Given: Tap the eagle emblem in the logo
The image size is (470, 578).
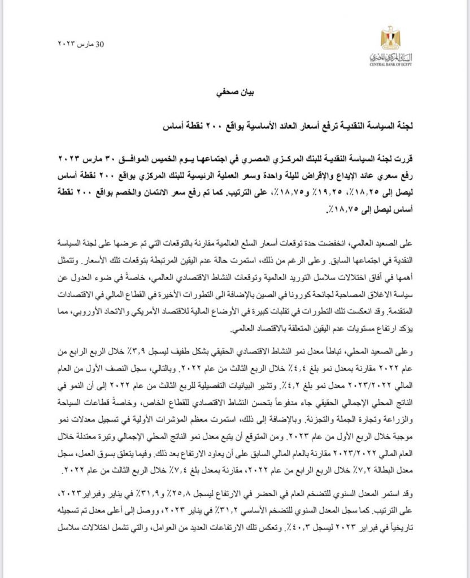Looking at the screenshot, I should click(389, 37).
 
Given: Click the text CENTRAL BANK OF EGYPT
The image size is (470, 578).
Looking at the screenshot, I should click(389, 63).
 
